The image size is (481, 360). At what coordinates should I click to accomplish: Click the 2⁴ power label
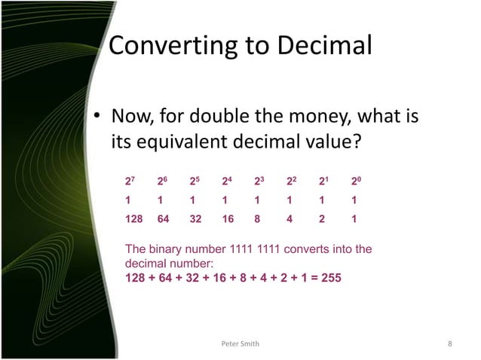(226, 182)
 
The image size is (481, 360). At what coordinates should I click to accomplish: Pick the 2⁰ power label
(356, 182)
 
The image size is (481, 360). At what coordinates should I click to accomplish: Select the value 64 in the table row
(163, 221)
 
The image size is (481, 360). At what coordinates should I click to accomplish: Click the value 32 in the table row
(195, 221)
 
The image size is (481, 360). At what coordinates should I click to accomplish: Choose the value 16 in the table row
(227, 221)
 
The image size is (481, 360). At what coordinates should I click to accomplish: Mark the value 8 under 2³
(257, 221)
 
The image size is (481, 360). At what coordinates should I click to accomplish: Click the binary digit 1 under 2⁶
(160, 202)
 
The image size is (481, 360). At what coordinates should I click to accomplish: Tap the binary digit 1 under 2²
(290, 202)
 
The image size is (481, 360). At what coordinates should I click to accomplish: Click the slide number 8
(449, 344)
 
